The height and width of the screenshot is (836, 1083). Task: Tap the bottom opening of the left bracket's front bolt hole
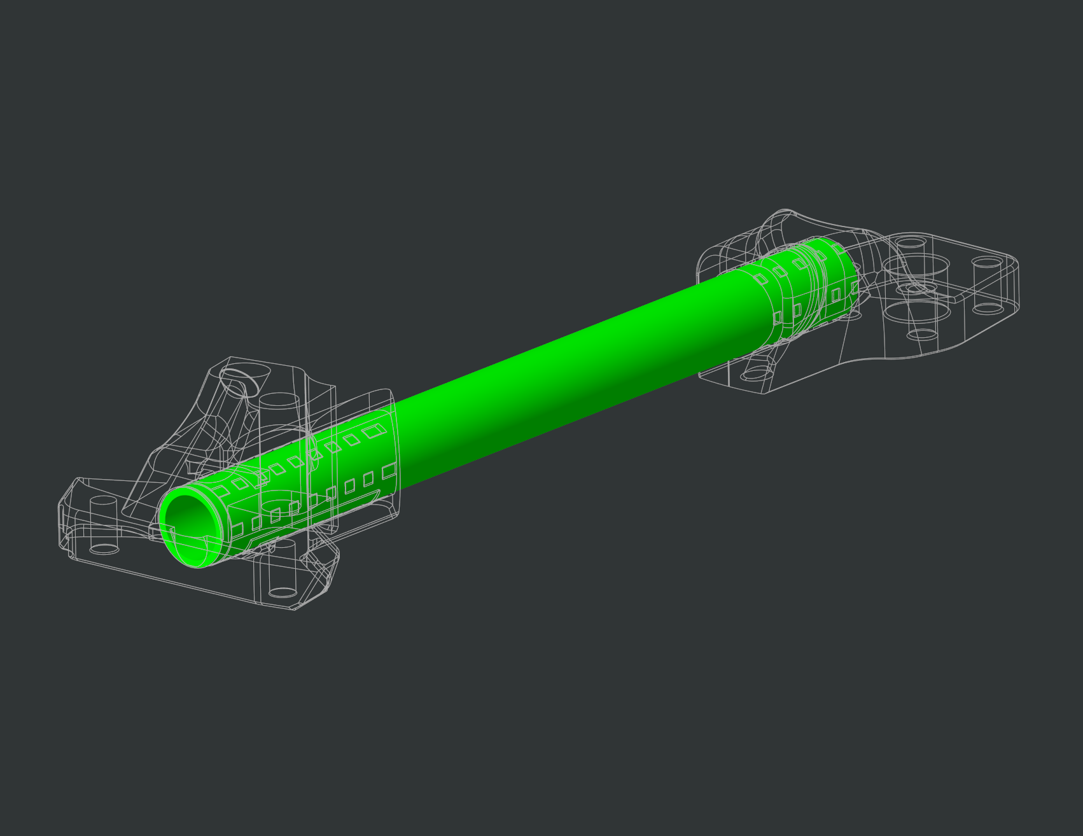point(282,592)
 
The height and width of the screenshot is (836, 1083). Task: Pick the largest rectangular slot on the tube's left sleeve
point(370,433)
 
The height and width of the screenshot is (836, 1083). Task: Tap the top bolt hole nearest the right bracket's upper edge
point(912,243)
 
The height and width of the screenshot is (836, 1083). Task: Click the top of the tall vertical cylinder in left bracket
point(279,401)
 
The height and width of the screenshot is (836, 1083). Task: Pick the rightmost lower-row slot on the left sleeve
point(388,471)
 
